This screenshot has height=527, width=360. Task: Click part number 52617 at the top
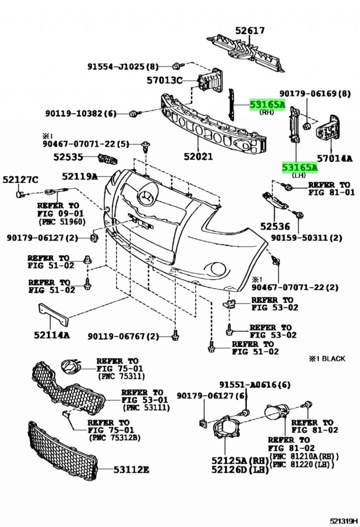pyautogui.click(x=250, y=31)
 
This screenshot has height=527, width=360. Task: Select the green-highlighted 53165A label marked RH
pyautogui.click(x=267, y=104)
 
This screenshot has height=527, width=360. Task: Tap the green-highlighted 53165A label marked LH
pyautogui.click(x=299, y=167)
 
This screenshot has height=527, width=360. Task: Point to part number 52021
pyautogui.click(x=198, y=156)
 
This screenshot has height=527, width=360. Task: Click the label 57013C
pyautogui.click(x=165, y=81)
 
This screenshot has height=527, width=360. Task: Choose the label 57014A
pyautogui.click(x=334, y=158)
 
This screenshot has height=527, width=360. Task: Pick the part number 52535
pyautogui.click(x=68, y=157)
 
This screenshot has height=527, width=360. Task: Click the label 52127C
pyautogui.click(x=20, y=180)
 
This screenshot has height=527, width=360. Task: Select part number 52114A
pyautogui.click(x=52, y=335)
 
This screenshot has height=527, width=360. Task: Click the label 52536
pyautogui.click(x=275, y=226)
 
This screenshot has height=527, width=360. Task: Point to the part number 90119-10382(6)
pyautogui.click(x=81, y=113)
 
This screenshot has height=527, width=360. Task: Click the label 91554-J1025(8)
pyautogui.click(x=123, y=66)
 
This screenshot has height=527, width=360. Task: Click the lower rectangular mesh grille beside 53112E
pyautogui.click(x=62, y=450)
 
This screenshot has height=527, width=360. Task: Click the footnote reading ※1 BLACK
pyautogui.click(x=327, y=358)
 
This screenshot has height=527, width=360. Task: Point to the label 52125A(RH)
pyautogui.click(x=240, y=461)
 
